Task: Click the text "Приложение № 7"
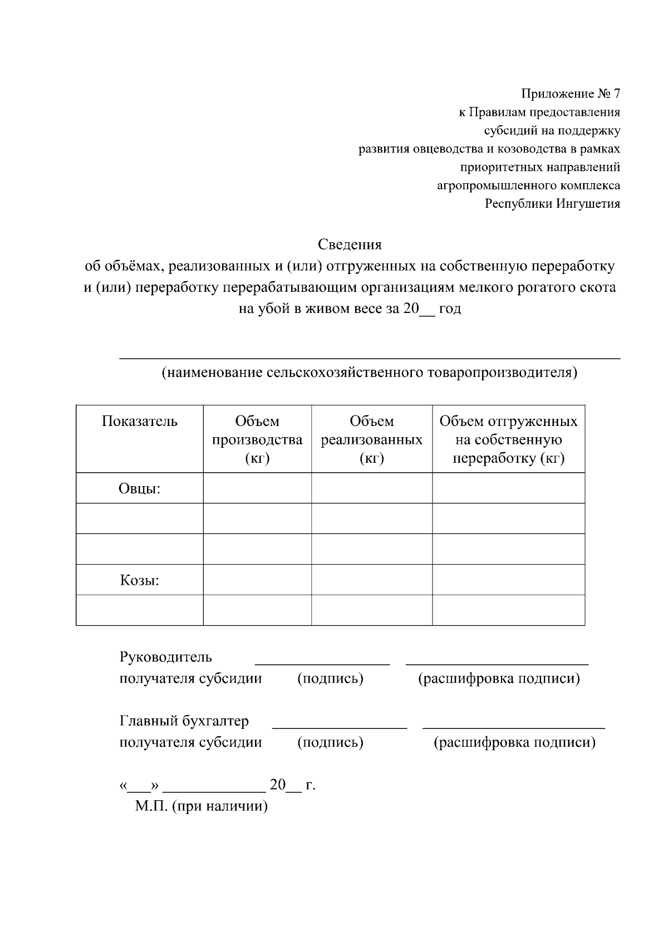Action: click(570, 94)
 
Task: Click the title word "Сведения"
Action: click(350, 244)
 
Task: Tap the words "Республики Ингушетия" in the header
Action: click(552, 204)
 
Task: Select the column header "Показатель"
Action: click(140, 422)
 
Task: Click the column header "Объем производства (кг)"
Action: click(257, 439)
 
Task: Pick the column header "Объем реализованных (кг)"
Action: click(371, 439)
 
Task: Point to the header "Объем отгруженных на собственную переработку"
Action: click(508, 439)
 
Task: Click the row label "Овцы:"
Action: click(140, 489)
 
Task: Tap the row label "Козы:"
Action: click(140, 581)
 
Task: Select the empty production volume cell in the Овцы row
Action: click(257, 488)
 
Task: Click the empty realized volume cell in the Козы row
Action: click(371, 580)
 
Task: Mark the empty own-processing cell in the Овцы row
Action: click(508, 488)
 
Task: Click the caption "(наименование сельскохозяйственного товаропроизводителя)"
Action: click(369, 373)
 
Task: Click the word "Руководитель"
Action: click(165, 657)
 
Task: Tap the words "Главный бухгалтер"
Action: click(184, 721)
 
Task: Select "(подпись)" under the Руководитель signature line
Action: click(330, 679)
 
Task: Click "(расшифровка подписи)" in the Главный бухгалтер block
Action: click(514, 742)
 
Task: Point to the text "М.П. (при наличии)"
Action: click(201, 806)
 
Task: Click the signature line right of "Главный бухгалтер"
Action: click(340, 727)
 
